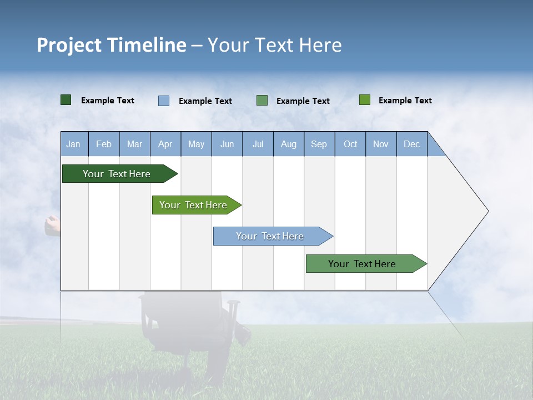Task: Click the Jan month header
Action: tap(74, 144)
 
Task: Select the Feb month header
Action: tap(104, 144)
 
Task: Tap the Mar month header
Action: tap(134, 144)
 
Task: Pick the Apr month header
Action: tap(165, 144)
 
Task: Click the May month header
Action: tap(196, 144)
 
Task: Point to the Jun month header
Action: tap(227, 144)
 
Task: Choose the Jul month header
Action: tap(258, 144)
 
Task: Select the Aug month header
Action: tap(289, 144)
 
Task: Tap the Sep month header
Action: tap(319, 144)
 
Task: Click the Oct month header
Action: tap(350, 144)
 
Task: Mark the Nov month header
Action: tap(381, 144)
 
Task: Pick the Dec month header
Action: tap(412, 144)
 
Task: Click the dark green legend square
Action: tap(66, 100)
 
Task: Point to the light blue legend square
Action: tap(164, 101)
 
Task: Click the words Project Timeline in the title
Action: tap(112, 45)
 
